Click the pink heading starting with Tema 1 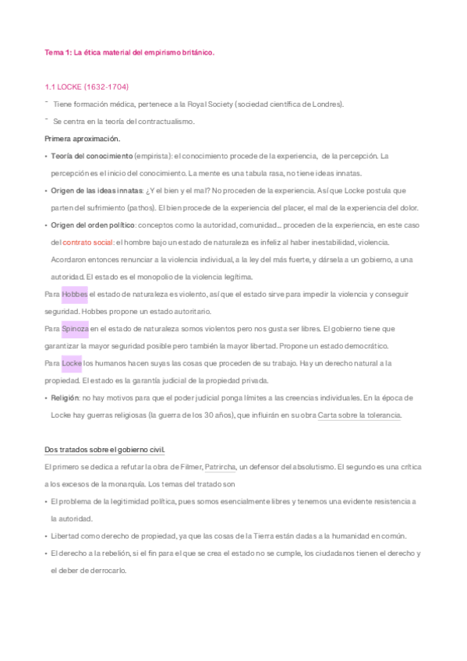point(129,52)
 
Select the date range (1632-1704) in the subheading point(104,87)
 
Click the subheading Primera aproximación point(83,139)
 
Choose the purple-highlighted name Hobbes point(74,294)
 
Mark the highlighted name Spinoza point(75,328)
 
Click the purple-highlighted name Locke point(72,363)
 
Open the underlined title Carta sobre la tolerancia point(359,415)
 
